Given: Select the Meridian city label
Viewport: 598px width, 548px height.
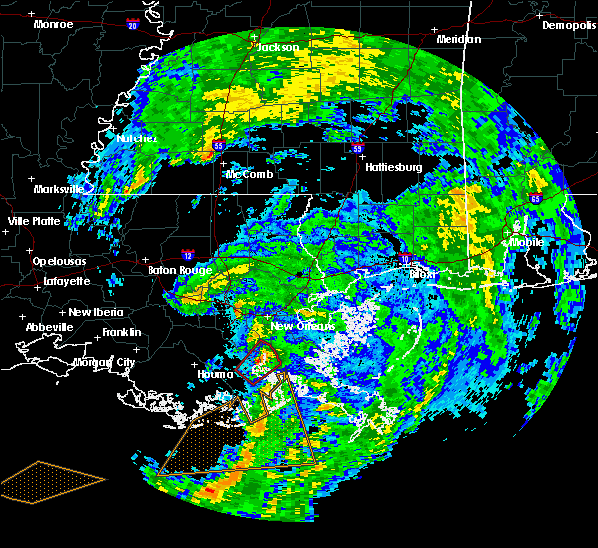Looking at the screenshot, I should click(x=458, y=39).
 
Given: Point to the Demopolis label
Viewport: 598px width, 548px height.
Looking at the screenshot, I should click(x=568, y=26).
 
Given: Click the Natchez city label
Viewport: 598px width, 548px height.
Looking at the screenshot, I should click(x=136, y=138).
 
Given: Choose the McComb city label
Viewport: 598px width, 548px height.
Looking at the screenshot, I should click(x=249, y=174).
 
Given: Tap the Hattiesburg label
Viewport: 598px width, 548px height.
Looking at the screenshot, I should click(x=394, y=167).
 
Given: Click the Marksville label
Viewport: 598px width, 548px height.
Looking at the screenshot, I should click(x=59, y=189).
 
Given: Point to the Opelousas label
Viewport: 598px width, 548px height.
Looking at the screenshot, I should click(x=59, y=261).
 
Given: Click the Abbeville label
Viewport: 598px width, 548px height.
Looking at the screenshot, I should click(x=50, y=327).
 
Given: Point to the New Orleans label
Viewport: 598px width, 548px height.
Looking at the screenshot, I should click(x=309, y=326).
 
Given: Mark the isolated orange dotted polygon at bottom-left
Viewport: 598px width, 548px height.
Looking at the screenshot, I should click(x=50, y=481).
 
